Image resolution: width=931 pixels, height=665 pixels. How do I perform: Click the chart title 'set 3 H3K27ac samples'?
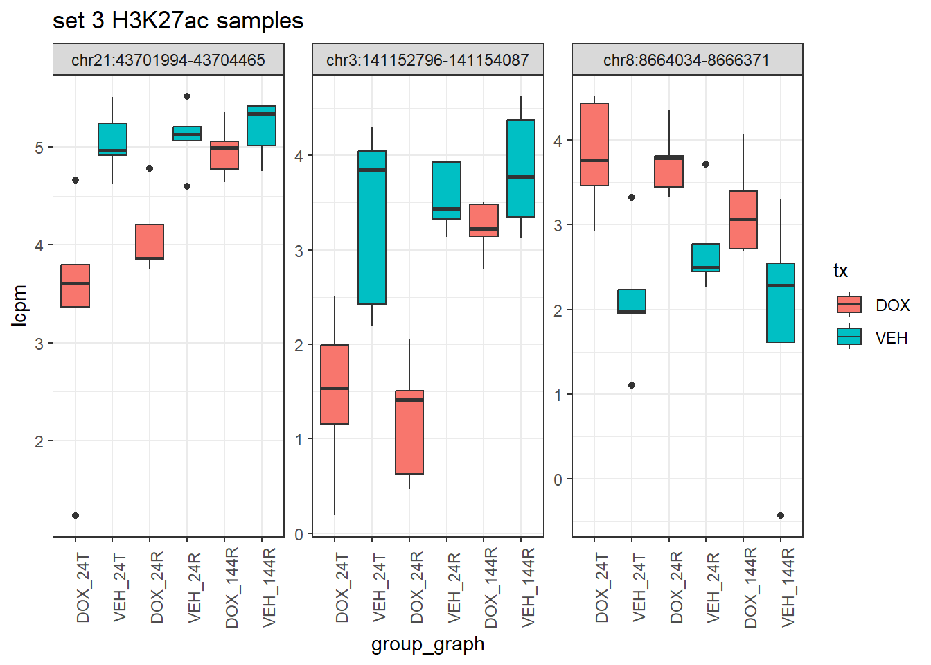[178, 21]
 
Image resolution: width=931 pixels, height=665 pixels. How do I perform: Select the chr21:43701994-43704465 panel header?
[168, 60]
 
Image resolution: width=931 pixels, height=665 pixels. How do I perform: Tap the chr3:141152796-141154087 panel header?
[427, 60]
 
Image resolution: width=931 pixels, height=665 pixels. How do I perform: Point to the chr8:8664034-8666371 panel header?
[686, 60]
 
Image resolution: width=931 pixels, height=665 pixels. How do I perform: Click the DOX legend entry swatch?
[849, 305]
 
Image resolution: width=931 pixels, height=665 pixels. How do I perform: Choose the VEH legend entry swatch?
[849, 337]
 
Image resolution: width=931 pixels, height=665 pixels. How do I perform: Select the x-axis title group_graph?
[427, 644]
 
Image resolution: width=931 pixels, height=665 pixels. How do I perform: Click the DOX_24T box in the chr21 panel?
[76, 285]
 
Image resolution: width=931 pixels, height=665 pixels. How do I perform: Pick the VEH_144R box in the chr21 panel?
[262, 126]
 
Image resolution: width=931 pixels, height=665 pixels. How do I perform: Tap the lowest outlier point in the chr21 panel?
[76, 515]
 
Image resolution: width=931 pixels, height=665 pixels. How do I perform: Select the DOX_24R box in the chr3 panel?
[409, 432]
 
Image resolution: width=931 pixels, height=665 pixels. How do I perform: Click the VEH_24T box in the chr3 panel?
[372, 227]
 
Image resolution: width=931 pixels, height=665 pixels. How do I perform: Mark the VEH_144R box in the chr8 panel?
[781, 303]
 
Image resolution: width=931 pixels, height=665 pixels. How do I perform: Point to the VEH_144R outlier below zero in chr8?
[781, 515]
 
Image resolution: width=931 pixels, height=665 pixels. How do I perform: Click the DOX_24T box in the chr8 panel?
[594, 144]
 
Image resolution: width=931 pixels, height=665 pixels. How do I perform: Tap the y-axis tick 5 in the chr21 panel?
[39, 148]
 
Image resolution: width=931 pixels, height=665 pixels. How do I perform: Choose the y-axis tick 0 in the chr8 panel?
[558, 479]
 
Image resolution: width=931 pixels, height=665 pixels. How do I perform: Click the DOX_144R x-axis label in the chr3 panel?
[491, 587]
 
